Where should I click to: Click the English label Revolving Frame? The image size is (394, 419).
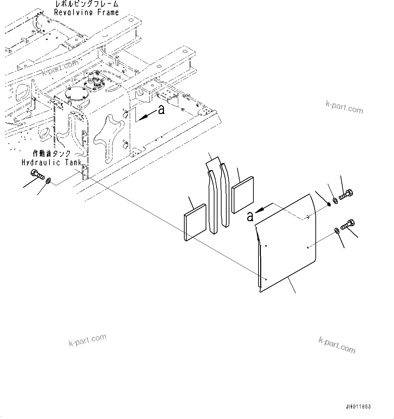coord(86,13)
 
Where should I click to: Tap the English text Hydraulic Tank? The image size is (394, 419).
coord(51,163)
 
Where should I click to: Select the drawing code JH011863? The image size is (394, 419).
coord(358,407)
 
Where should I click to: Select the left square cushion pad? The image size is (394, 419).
coord(195,222)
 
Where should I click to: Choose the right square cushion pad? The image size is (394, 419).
coord(243,194)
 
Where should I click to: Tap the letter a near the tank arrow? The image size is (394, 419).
coord(162,110)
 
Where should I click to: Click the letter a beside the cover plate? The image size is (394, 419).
coord(250,217)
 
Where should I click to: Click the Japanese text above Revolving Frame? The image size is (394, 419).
coord(86,4)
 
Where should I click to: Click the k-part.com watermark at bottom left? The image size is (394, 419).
coord(87,340)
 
